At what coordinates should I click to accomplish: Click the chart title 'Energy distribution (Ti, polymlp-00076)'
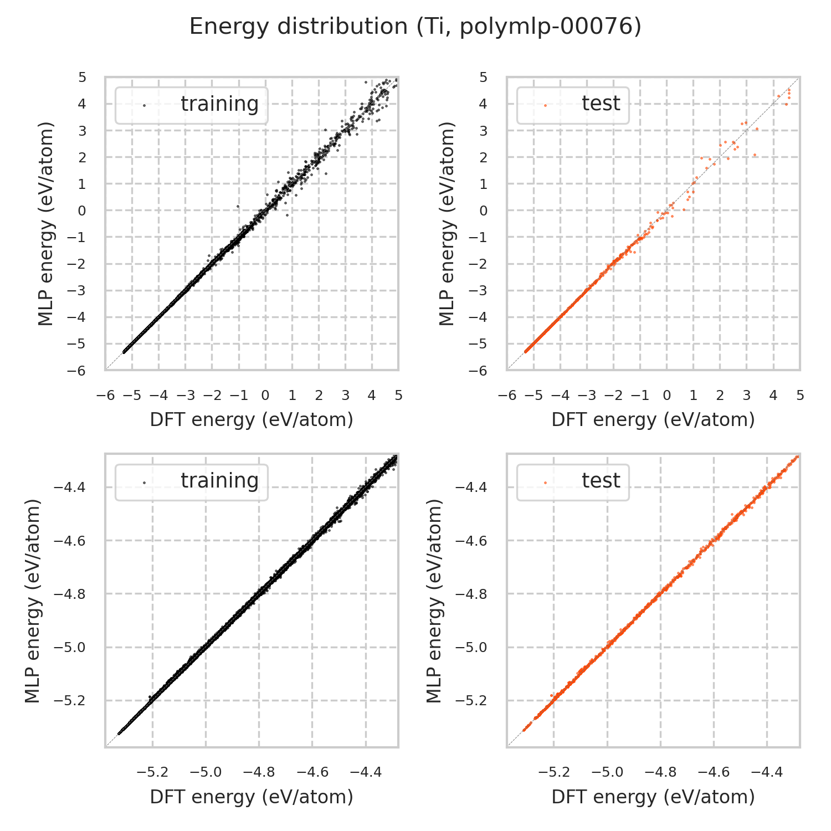click(416, 27)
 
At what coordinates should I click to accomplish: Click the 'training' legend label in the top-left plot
click(219, 104)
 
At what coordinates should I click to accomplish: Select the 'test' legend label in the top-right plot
click(601, 104)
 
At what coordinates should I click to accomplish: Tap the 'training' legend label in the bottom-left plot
click(219, 481)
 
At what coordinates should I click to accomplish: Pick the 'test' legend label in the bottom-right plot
click(601, 481)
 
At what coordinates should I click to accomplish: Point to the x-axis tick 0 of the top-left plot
click(265, 396)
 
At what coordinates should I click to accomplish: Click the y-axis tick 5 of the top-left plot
click(82, 77)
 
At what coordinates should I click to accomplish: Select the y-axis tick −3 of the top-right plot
click(480, 290)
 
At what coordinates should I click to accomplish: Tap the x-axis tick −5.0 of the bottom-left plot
click(206, 772)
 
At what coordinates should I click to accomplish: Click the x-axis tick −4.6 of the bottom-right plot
click(714, 772)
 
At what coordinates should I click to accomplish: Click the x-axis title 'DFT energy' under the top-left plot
click(252, 420)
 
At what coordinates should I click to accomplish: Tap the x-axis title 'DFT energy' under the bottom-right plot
click(653, 797)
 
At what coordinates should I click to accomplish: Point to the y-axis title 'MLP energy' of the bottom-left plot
click(33, 601)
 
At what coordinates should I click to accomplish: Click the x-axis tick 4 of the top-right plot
click(773, 396)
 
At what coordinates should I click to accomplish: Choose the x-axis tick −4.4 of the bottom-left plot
click(366, 772)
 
